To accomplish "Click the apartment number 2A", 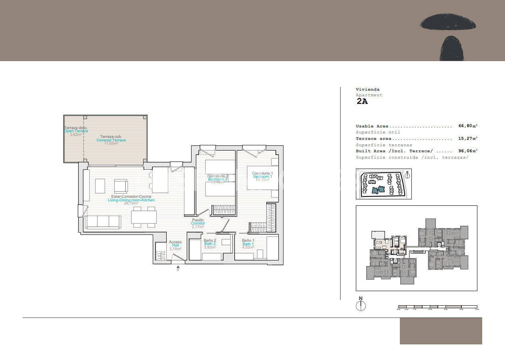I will (362, 101).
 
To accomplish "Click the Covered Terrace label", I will (111, 140).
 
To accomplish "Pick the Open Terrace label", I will (76, 131).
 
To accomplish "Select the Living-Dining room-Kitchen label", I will (131, 200).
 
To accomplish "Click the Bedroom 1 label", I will (262, 177).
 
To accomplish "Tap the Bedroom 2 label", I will (218, 179).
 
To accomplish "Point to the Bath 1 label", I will (248, 244).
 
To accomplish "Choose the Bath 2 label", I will (210, 244).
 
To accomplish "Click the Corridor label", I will (198, 223).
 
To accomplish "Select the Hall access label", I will (175, 245).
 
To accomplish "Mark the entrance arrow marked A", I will (178, 269).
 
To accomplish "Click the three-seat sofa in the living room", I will (104, 222).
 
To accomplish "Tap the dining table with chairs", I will (144, 217).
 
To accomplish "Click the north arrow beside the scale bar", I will (361, 305).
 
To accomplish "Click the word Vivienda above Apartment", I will (367, 90).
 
